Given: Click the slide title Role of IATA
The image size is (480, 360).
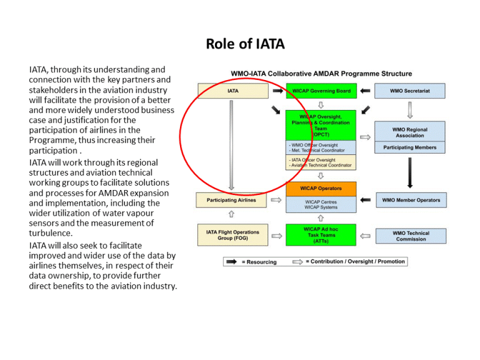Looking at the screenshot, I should click(x=245, y=44).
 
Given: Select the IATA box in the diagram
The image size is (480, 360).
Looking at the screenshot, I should click(x=232, y=91).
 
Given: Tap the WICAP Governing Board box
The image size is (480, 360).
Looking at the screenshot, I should click(x=321, y=91).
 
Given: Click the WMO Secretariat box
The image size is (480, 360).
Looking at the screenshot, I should click(x=409, y=91).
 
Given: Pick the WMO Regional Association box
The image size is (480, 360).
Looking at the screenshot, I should click(x=409, y=132).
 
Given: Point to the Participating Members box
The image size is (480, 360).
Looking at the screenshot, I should click(x=409, y=147).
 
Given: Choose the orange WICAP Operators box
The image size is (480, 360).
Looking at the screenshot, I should click(x=321, y=188).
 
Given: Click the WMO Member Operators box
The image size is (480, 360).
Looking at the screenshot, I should click(x=411, y=201).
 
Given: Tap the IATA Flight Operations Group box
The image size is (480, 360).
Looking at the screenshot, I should click(x=232, y=235).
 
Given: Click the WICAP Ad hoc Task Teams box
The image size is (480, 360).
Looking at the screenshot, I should click(x=321, y=235).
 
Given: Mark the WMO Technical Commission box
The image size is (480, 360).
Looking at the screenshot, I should click(x=411, y=236).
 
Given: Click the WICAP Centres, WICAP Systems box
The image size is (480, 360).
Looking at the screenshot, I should click(x=321, y=204).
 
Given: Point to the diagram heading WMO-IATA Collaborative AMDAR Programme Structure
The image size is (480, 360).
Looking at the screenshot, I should click(x=321, y=74).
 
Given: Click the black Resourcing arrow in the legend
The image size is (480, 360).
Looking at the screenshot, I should click(x=231, y=262).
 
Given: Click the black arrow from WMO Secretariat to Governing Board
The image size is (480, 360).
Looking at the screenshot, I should click(x=366, y=91).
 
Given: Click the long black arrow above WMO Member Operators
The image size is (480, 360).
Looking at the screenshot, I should click(x=409, y=172).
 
